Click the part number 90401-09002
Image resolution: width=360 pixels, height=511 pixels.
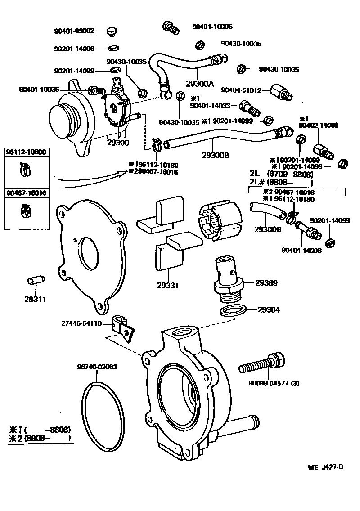tap(74, 31)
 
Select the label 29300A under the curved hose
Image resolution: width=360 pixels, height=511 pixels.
tap(200, 84)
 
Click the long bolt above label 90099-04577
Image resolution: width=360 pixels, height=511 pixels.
tap(261, 363)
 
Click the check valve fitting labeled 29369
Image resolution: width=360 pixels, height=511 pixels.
tap(228, 277)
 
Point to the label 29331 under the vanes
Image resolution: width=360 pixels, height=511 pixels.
tap(168, 285)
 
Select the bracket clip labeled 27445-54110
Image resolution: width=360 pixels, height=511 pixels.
tap(123, 328)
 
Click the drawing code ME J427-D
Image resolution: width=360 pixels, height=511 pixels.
tap(326, 467)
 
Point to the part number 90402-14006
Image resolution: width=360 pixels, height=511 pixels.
tap(319, 126)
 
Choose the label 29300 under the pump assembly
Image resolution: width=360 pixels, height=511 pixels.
tap(118, 143)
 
